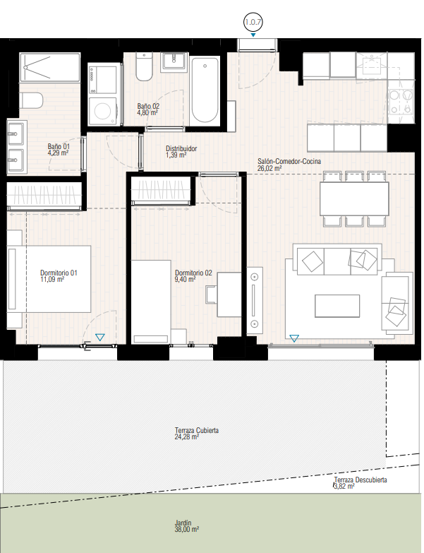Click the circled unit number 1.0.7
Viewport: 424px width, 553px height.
253,22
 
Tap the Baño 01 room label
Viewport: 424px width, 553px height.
59,146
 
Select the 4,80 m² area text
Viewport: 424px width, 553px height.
147,113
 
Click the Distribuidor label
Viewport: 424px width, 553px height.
181,148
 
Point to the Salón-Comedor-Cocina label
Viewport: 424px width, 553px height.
289,162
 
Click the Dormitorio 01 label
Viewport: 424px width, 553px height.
59,273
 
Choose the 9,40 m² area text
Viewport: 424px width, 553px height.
186,279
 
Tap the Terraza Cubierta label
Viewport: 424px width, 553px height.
197,430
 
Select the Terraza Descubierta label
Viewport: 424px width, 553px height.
361,480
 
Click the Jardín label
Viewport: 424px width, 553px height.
183,523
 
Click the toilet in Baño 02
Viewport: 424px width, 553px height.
144,67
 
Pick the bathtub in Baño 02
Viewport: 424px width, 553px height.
205,90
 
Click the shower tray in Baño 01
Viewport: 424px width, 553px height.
50,67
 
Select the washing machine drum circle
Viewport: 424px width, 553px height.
102,112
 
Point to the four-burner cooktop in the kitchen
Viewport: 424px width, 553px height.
401,102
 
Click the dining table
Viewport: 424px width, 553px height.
354,198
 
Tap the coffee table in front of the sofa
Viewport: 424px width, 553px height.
337,306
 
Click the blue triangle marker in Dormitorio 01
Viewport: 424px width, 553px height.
100,337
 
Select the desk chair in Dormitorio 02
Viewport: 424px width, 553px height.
211,294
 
